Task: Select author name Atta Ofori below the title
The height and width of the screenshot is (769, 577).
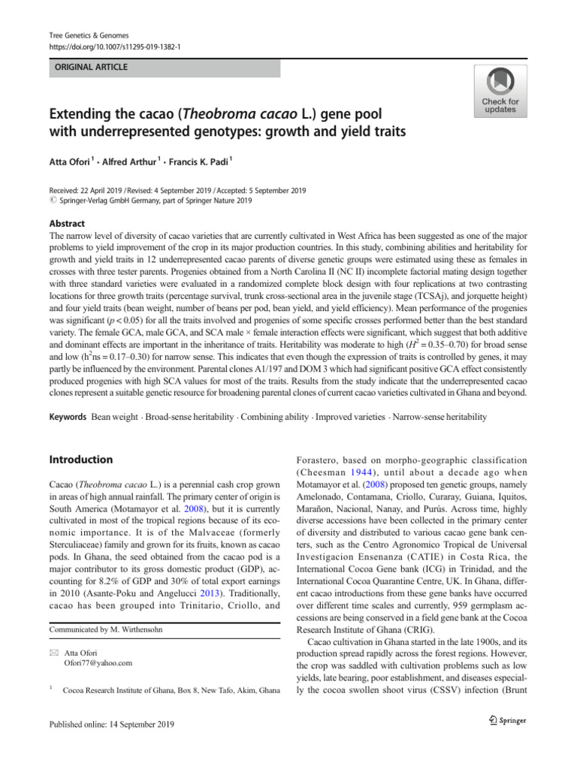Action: pos(72,161)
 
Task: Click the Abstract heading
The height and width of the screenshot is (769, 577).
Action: pos(66,223)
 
